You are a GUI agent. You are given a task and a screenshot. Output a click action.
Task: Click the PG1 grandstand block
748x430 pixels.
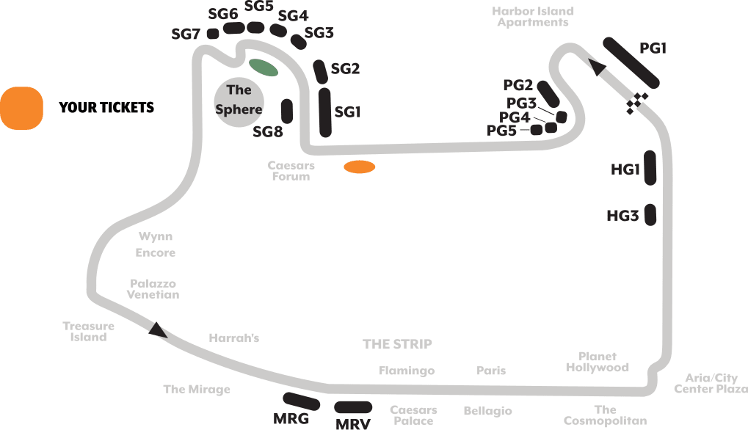point(632,62)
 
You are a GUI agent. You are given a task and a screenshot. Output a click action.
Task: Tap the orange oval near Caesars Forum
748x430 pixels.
point(360,167)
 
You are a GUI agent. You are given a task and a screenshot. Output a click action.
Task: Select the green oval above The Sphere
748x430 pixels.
point(263,68)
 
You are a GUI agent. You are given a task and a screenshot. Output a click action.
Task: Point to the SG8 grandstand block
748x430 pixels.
point(287,111)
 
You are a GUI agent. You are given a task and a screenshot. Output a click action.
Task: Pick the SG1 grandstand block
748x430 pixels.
point(326,112)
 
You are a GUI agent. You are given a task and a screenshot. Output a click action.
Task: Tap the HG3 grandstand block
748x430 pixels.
point(649,215)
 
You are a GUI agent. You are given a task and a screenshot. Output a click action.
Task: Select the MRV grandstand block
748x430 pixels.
point(353,407)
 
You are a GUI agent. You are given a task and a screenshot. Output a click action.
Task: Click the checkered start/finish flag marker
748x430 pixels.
point(636,103)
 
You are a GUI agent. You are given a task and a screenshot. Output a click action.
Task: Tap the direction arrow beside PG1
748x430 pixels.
point(598,68)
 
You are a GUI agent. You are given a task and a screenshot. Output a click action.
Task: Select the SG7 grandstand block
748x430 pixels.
point(213,34)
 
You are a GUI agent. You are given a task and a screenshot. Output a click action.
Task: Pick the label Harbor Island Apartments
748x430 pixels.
point(533,17)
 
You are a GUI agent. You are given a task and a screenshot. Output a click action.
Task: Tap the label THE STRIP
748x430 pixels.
point(397,344)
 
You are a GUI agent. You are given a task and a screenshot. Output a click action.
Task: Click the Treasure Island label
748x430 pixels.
point(88,332)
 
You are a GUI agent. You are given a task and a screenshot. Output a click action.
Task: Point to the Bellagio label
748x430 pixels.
point(487,411)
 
